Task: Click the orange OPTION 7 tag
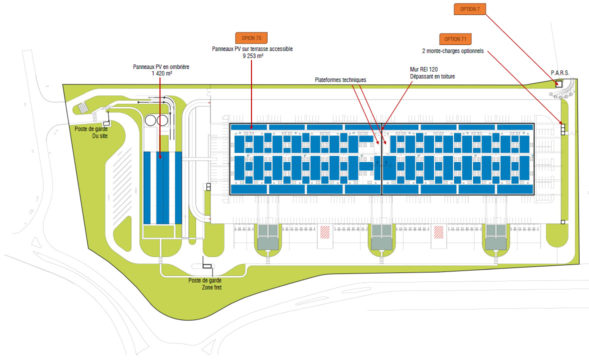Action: point(470,8)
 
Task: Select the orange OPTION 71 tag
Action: point(455,39)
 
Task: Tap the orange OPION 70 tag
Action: point(251,37)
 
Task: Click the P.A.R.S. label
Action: point(560,72)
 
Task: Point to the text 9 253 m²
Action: point(252,56)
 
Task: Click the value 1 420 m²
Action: point(162,73)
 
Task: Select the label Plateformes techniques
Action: point(340,79)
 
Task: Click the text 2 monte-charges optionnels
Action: point(452,50)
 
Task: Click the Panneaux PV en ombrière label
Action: point(161,66)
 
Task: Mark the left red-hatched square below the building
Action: point(325,232)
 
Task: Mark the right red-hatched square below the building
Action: point(439,232)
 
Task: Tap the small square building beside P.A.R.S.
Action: point(558,84)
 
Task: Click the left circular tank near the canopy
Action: point(150,120)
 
